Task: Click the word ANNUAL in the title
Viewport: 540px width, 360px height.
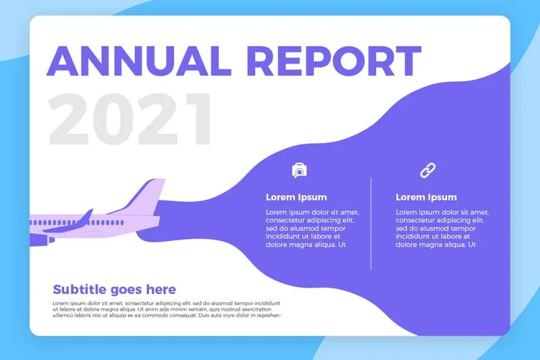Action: click(x=138, y=61)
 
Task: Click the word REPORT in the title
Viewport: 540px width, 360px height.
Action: click(x=334, y=61)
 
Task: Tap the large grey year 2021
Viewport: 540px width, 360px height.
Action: click(x=130, y=118)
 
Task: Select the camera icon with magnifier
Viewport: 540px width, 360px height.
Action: click(x=299, y=170)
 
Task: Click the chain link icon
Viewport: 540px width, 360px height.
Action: click(x=427, y=170)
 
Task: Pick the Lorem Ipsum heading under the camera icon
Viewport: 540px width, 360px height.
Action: click(x=296, y=197)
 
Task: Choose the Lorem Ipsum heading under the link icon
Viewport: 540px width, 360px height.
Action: click(x=426, y=197)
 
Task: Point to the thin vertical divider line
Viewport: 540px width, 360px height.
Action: click(x=371, y=224)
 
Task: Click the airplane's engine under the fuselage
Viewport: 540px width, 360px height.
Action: click(x=42, y=240)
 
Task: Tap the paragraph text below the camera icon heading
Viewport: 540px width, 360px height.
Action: click(x=313, y=228)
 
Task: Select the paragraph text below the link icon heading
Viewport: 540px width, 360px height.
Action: click(x=442, y=228)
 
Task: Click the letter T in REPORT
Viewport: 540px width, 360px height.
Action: click(x=406, y=61)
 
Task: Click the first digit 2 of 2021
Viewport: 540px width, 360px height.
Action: click(x=69, y=119)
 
